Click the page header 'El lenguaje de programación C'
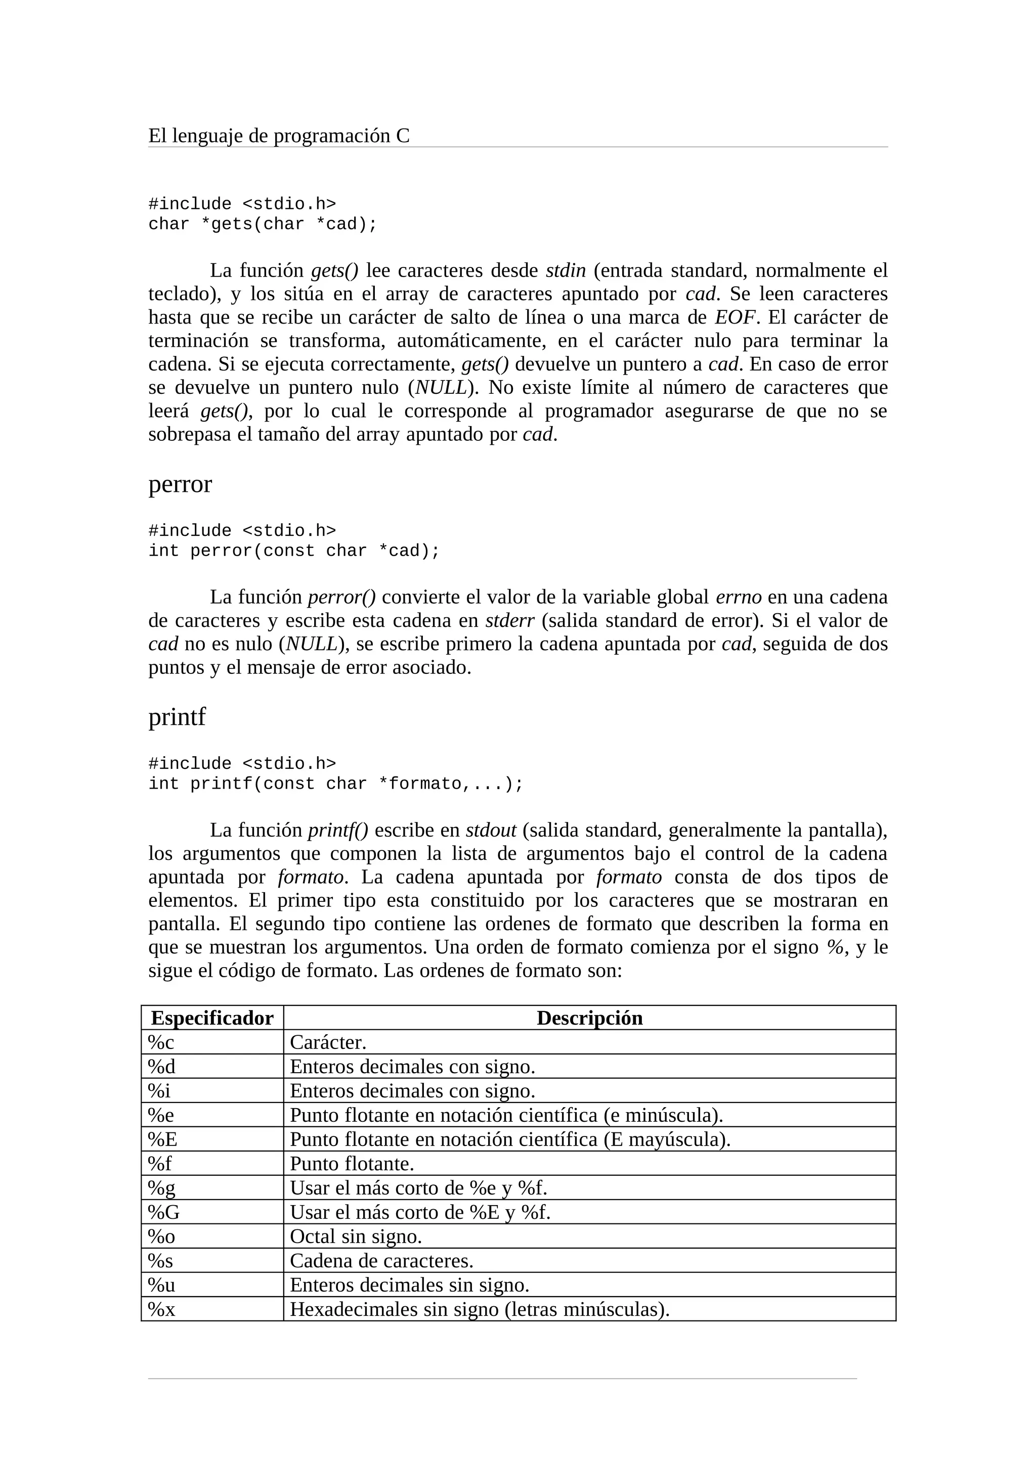tap(279, 136)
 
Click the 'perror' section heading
tap(180, 484)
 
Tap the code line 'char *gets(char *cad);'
tap(263, 224)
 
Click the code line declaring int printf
tap(336, 784)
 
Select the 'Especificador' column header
tap(212, 1018)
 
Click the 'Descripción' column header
tap(589, 1018)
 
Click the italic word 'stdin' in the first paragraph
tap(566, 270)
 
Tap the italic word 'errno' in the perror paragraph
tap(739, 597)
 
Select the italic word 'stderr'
tap(509, 621)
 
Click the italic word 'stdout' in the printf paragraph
tap(491, 830)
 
